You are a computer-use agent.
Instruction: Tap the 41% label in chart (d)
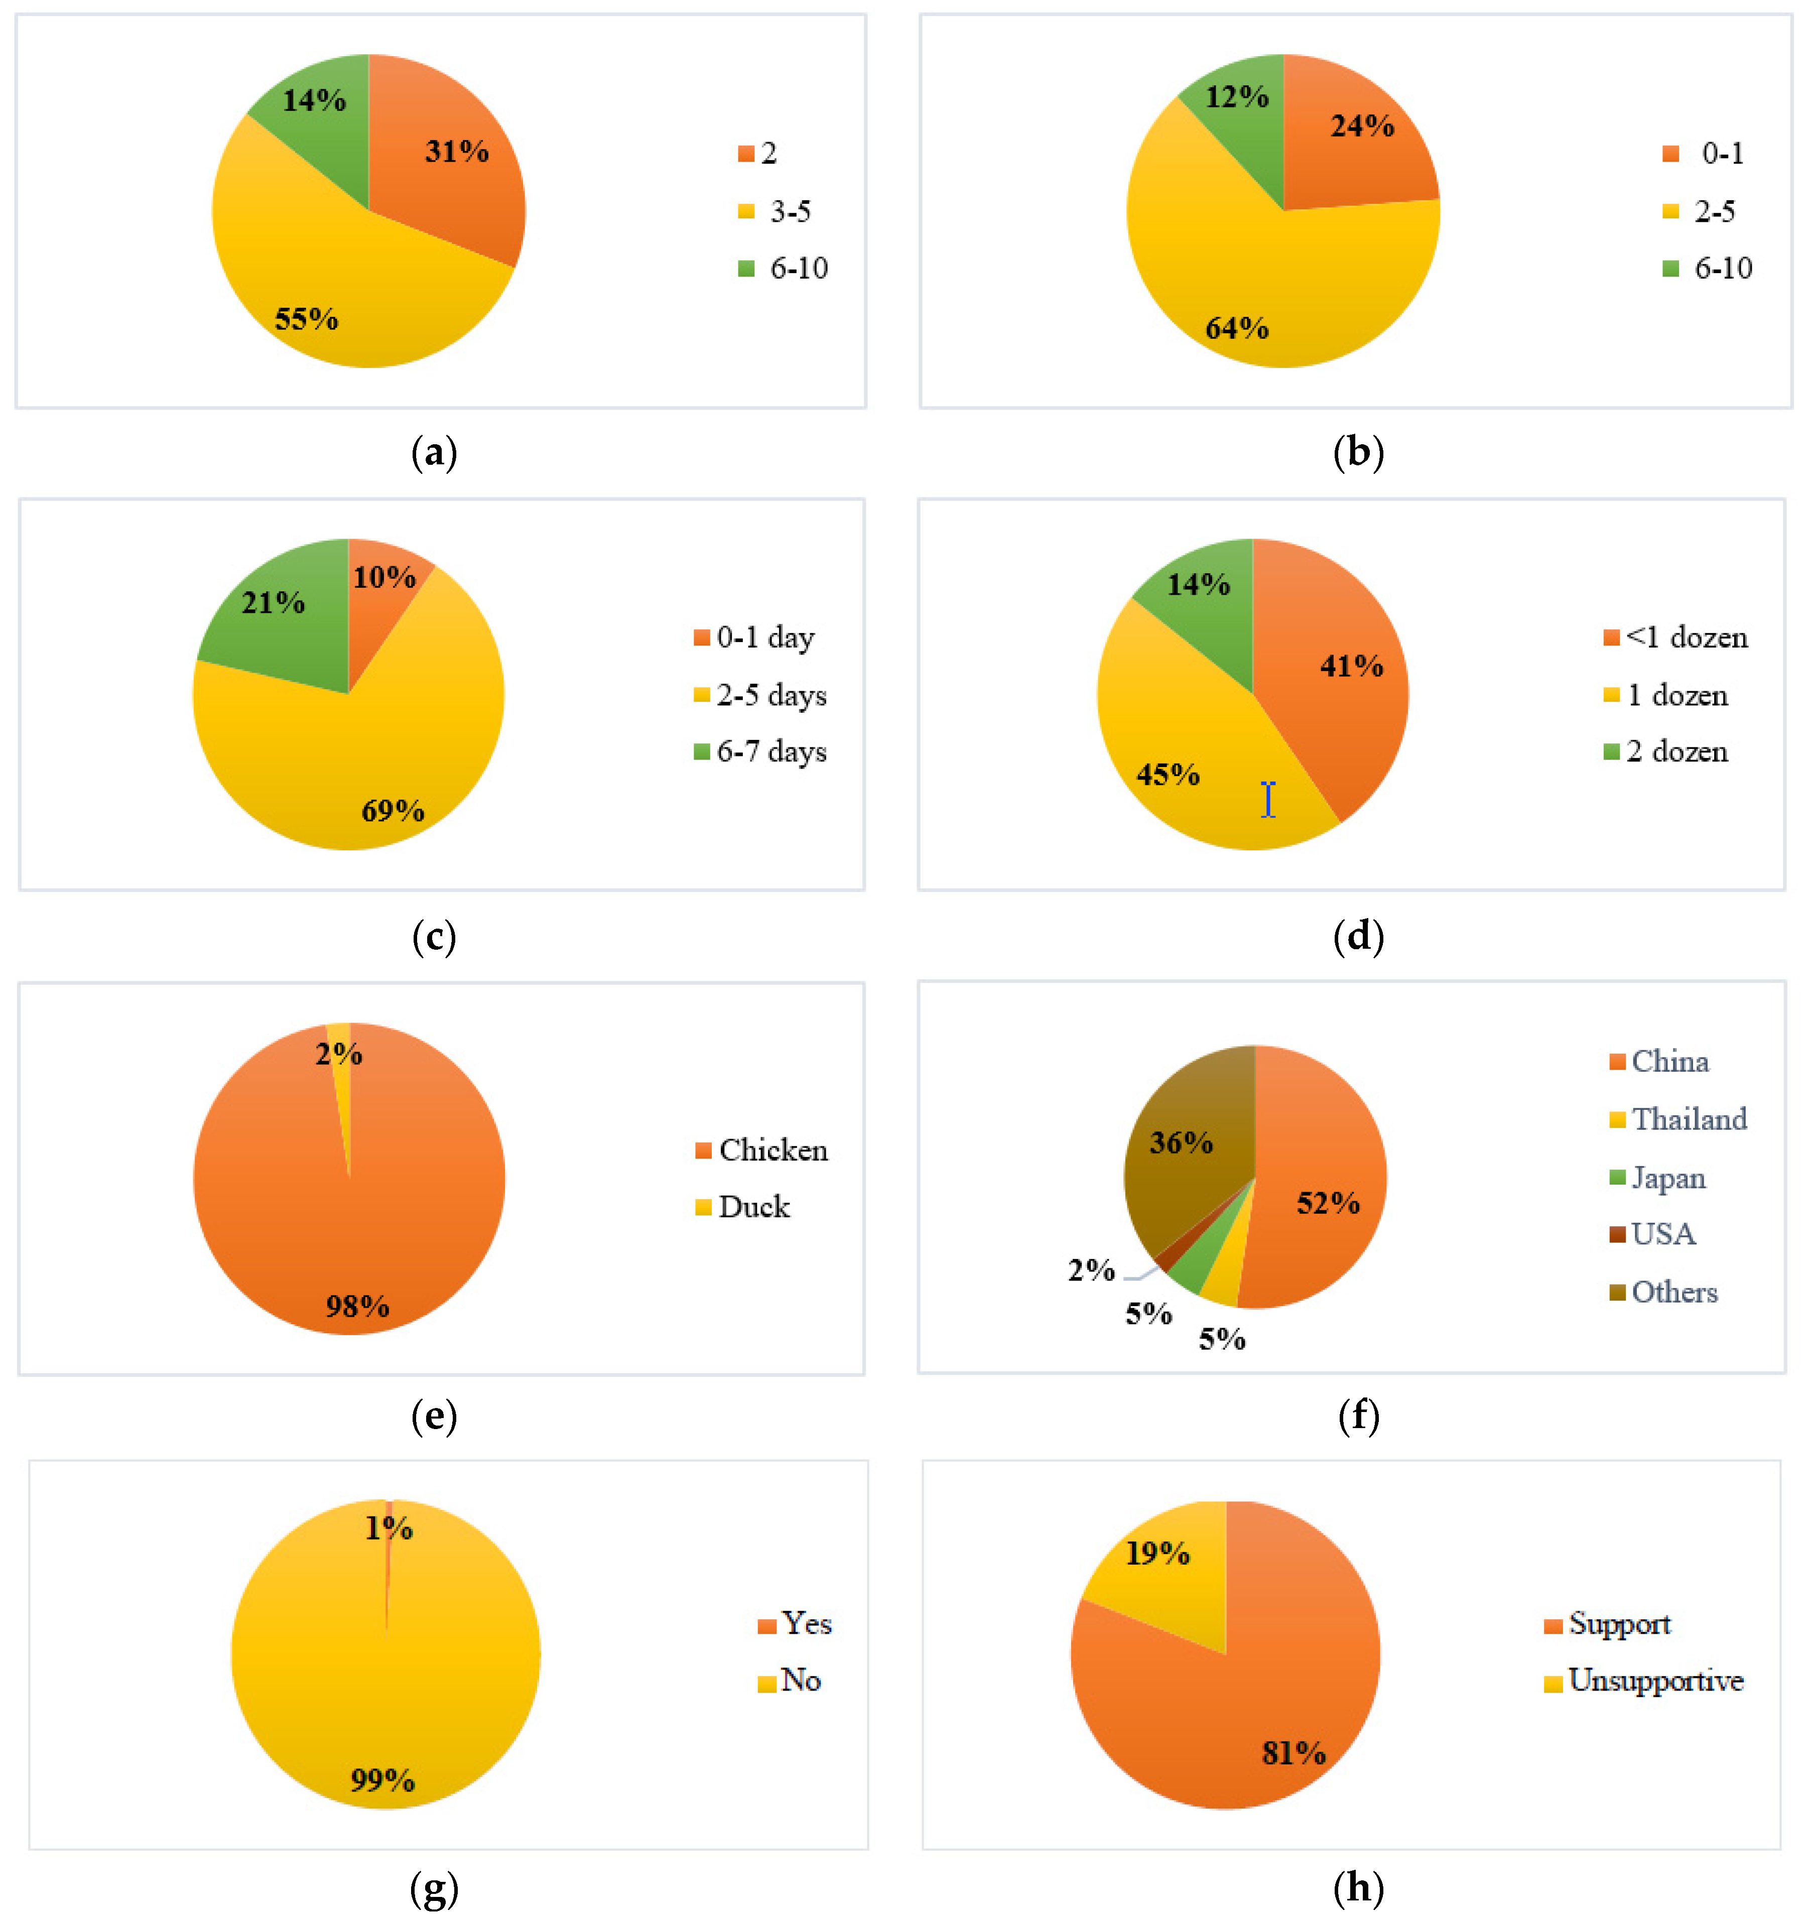click(1351, 666)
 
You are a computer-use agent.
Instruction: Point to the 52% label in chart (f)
click(1328, 1203)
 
